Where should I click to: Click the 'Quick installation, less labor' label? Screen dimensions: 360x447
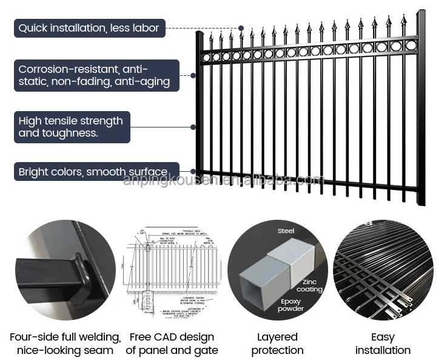(x=89, y=28)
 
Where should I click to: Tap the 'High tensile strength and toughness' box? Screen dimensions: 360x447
(x=72, y=127)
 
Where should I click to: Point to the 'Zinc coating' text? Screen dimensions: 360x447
(x=309, y=286)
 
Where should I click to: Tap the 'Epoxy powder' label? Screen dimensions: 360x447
(x=291, y=305)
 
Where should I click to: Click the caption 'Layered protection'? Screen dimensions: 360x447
(x=277, y=344)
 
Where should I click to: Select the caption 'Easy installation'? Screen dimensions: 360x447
(x=383, y=344)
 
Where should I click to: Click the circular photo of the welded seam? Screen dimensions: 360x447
(x=65, y=270)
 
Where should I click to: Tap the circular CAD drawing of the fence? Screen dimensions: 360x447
(x=172, y=270)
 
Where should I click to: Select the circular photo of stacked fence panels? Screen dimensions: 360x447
(x=383, y=270)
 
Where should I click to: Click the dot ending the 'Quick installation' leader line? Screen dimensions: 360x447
(x=241, y=28)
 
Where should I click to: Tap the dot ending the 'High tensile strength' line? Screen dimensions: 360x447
(x=193, y=127)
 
